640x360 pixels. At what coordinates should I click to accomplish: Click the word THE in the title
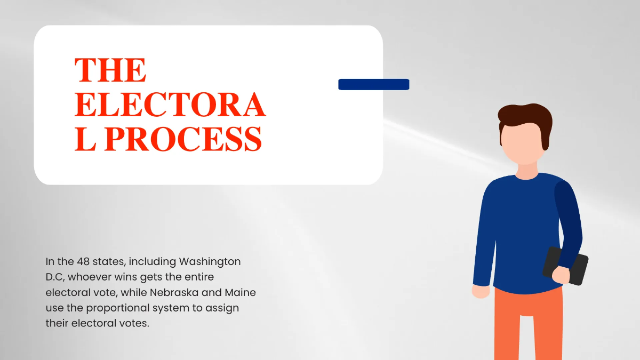[x=110, y=70]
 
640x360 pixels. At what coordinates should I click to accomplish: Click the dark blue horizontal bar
[x=374, y=84]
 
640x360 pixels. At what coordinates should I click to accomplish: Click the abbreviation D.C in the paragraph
[x=55, y=277]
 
